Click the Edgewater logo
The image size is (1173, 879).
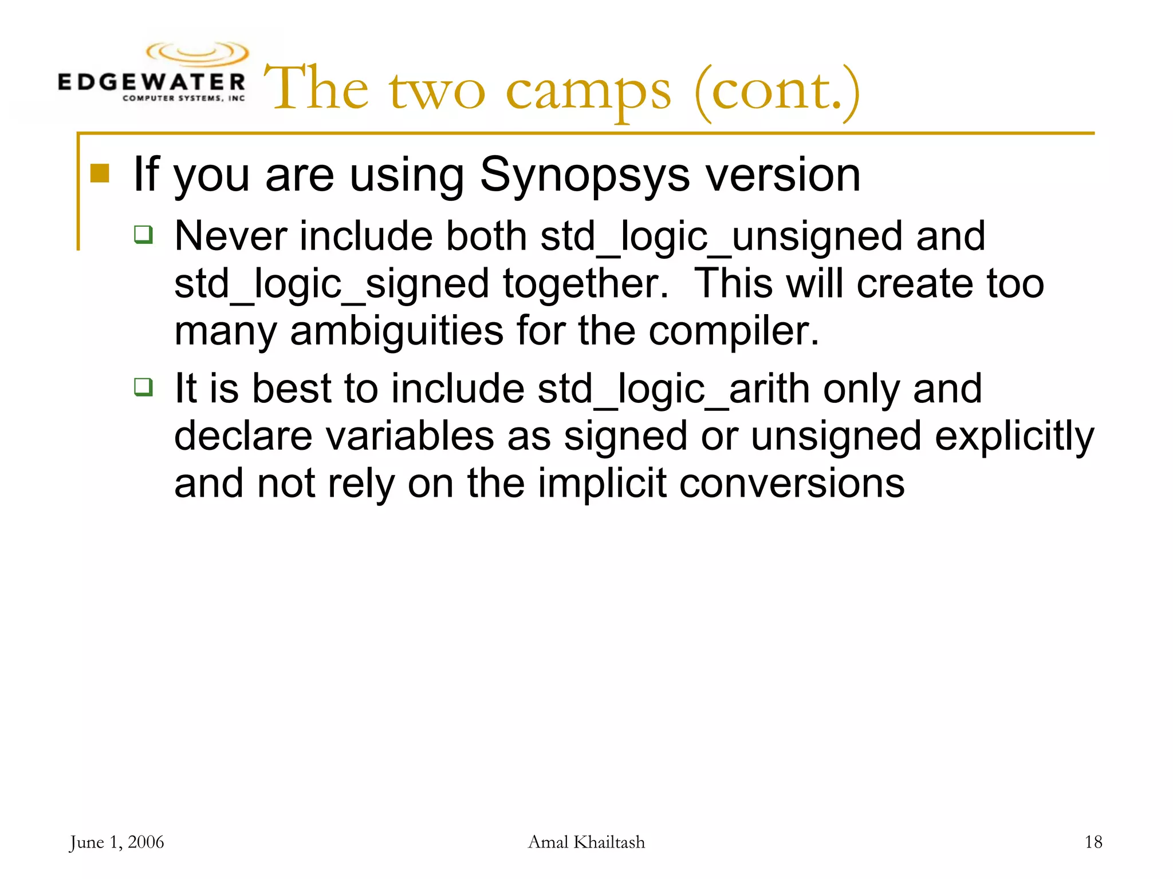click(x=152, y=73)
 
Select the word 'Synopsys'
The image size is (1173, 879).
click(x=585, y=175)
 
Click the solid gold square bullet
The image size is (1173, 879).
click(x=100, y=173)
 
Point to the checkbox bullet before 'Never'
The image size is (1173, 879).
click(x=143, y=234)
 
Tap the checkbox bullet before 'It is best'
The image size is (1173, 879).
click(x=143, y=387)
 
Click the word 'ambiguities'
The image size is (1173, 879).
click(x=396, y=332)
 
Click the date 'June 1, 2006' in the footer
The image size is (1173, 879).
click(x=117, y=842)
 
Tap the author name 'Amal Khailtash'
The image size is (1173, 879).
click(x=586, y=842)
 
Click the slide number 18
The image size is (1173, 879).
click(x=1093, y=842)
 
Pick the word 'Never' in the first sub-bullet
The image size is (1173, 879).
click(x=230, y=236)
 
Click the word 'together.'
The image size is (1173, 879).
click(x=586, y=284)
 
